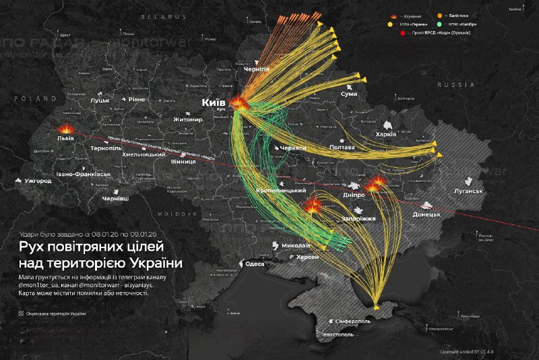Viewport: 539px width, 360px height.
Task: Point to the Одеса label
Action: click(254, 264)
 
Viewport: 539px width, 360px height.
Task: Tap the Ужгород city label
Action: click(37, 181)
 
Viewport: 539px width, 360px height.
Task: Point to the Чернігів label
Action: click(255, 69)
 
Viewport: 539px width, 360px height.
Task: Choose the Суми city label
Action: click(349, 94)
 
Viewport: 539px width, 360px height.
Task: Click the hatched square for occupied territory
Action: click(21, 313)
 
